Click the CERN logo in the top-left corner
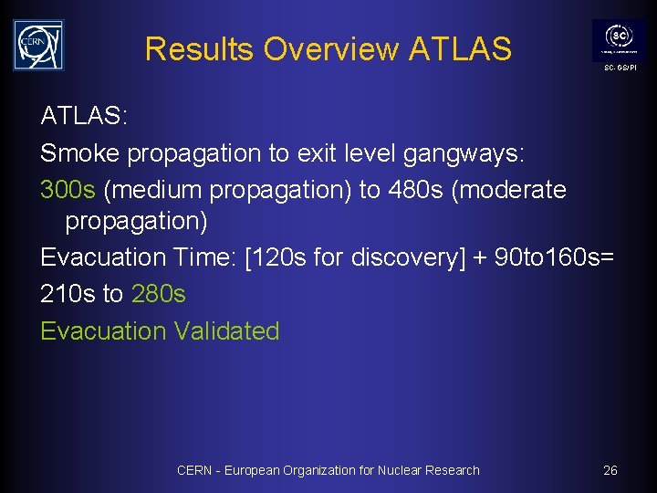(x=38, y=45)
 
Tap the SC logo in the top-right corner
(x=620, y=40)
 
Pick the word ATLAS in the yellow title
(x=460, y=48)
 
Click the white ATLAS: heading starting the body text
(x=85, y=117)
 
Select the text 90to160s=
(x=554, y=258)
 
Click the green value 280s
(x=159, y=294)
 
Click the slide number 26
(x=610, y=470)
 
